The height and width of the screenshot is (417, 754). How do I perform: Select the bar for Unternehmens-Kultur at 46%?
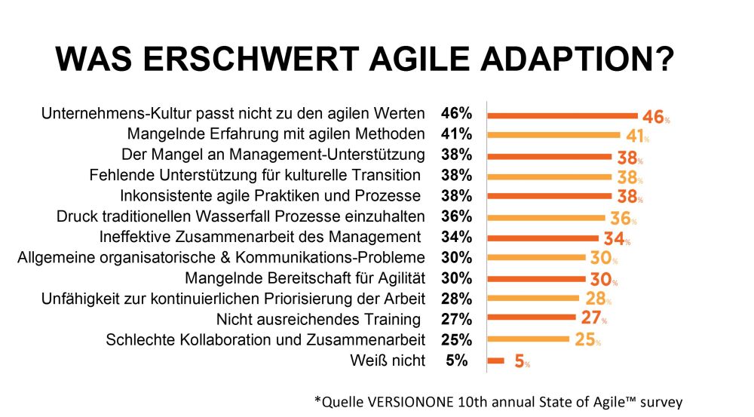tap(562, 115)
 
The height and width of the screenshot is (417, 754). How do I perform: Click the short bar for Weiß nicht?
tap(496, 360)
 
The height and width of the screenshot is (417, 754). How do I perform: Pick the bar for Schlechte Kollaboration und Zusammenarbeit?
tap(528, 339)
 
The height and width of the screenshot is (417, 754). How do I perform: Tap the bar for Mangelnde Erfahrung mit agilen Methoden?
tap(553, 136)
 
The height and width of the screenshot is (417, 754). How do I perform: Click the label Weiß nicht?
tap(388, 360)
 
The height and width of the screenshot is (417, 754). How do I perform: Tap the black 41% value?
tap(457, 135)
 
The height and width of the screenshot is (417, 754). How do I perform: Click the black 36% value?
tap(457, 216)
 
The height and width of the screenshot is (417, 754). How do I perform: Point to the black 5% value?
tap(457, 360)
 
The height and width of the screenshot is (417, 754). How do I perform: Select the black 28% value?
tap(457, 299)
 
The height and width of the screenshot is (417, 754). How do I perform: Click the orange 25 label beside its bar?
tap(585, 340)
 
